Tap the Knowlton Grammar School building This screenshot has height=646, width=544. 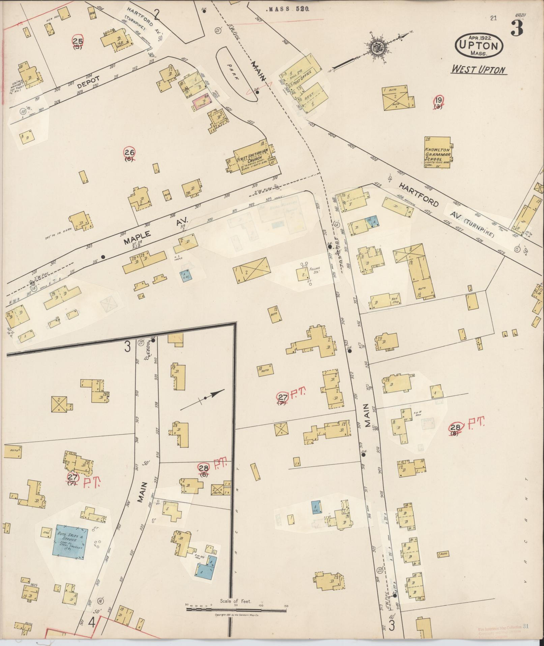[437, 152]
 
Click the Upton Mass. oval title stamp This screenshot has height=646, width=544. [479, 45]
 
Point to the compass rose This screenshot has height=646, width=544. [376, 48]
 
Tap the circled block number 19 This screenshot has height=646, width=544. [438, 100]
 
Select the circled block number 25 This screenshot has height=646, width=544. [78, 41]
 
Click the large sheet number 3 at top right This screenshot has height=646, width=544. [516, 28]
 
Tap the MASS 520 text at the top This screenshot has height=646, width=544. [288, 9]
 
